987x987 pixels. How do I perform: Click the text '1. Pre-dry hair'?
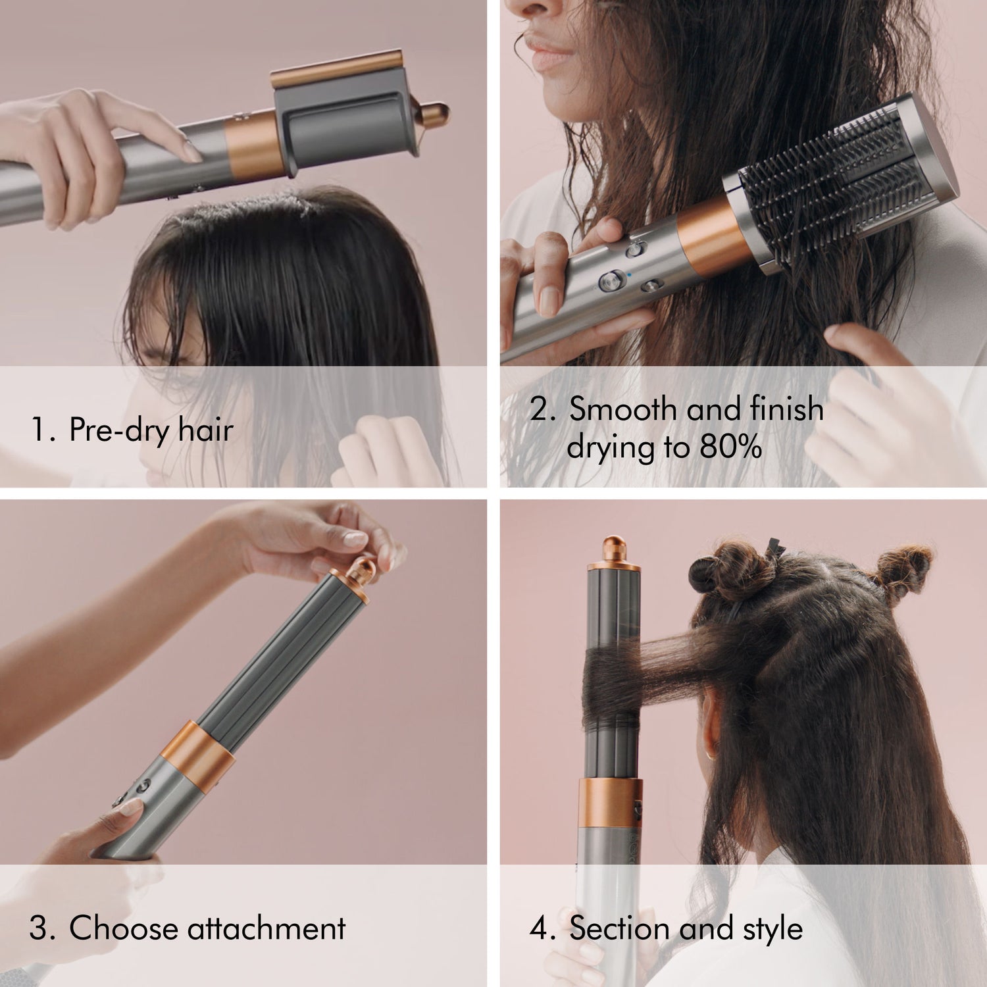(132, 430)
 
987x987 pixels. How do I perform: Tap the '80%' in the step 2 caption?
(730, 447)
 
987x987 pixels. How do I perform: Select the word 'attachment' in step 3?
(266, 928)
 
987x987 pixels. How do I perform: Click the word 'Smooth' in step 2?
(622, 409)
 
